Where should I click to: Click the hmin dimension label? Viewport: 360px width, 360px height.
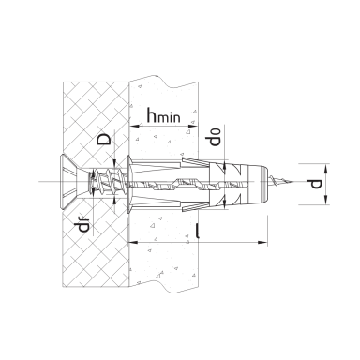coord(164,115)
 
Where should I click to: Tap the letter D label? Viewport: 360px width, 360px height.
coord(104,139)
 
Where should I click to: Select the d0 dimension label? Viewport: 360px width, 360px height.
coord(215,137)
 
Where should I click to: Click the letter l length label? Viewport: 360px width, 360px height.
coord(197,232)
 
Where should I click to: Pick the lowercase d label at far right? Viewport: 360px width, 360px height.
coord(316,184)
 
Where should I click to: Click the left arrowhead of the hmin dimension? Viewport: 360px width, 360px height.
coord(134,127)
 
